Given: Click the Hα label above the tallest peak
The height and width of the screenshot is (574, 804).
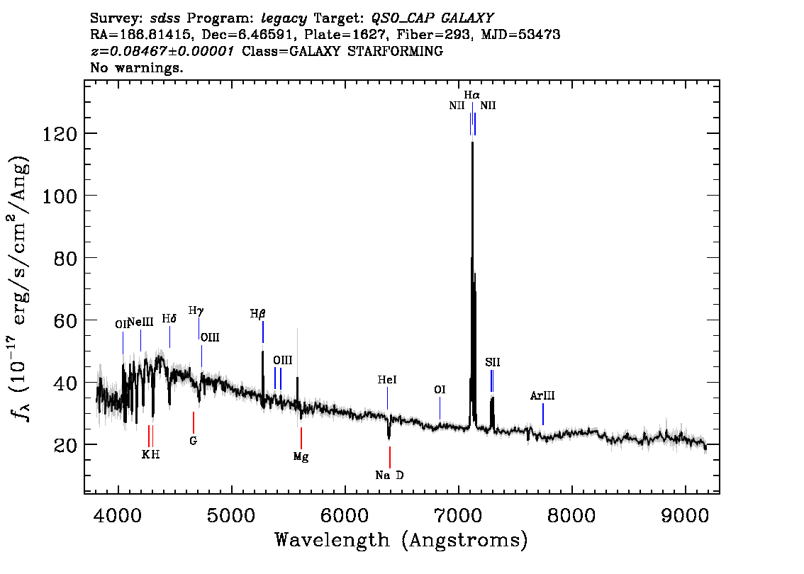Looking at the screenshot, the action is point(471,95).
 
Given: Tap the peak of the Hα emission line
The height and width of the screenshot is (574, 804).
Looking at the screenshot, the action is point(472,142).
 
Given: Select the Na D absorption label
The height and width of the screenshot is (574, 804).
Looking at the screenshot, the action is point(389,475).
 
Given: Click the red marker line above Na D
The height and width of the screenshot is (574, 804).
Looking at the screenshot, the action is point(390,457).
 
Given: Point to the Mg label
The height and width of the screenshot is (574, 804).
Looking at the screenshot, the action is point(301,456).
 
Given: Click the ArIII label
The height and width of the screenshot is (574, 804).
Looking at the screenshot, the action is point(542,395).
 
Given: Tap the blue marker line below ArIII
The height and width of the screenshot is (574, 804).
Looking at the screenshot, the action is point(543,414).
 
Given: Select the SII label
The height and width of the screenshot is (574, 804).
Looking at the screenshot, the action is point(492,362).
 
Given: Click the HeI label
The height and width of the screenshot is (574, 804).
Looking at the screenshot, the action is point(387,380).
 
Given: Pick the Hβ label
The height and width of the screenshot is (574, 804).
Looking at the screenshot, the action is point(258,314).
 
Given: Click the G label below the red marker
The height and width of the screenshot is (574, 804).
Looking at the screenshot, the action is point(194,441).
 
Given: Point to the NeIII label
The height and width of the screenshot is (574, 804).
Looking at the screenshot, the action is point(140,322).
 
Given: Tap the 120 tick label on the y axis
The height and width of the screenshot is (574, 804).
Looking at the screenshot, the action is point(60,134).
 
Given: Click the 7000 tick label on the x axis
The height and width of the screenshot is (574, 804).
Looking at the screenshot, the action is point(459,516).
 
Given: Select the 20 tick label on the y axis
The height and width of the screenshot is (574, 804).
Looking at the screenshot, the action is point(66,445).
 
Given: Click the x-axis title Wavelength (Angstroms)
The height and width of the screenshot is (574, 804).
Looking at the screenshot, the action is point(401,540).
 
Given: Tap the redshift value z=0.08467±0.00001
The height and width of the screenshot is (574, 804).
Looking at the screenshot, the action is point(162,51).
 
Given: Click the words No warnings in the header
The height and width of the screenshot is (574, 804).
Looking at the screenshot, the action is point(136,67).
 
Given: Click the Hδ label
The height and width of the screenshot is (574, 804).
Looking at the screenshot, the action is point(169,319).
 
